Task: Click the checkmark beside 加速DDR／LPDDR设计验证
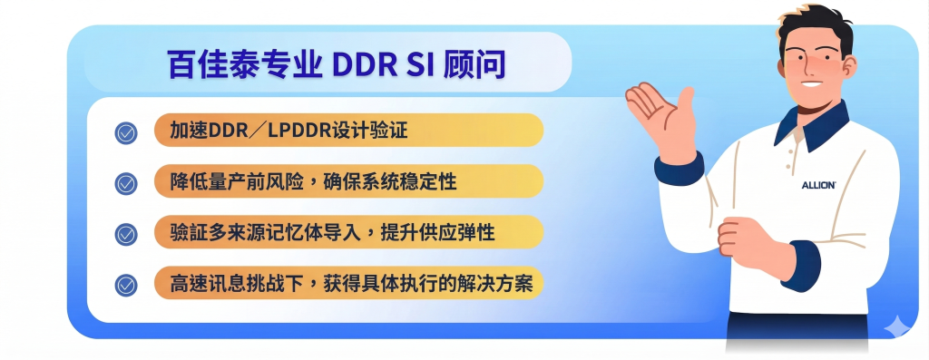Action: coord(125,133)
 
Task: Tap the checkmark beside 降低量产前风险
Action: coord(125,183)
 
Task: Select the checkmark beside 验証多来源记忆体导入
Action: coord(125,235)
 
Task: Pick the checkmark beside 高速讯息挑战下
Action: coord(125,286)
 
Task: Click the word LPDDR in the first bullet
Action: coord(298,131)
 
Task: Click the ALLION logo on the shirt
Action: coord(819,185)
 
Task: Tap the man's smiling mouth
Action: coord(813,83)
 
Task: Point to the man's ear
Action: coord(848,66)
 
